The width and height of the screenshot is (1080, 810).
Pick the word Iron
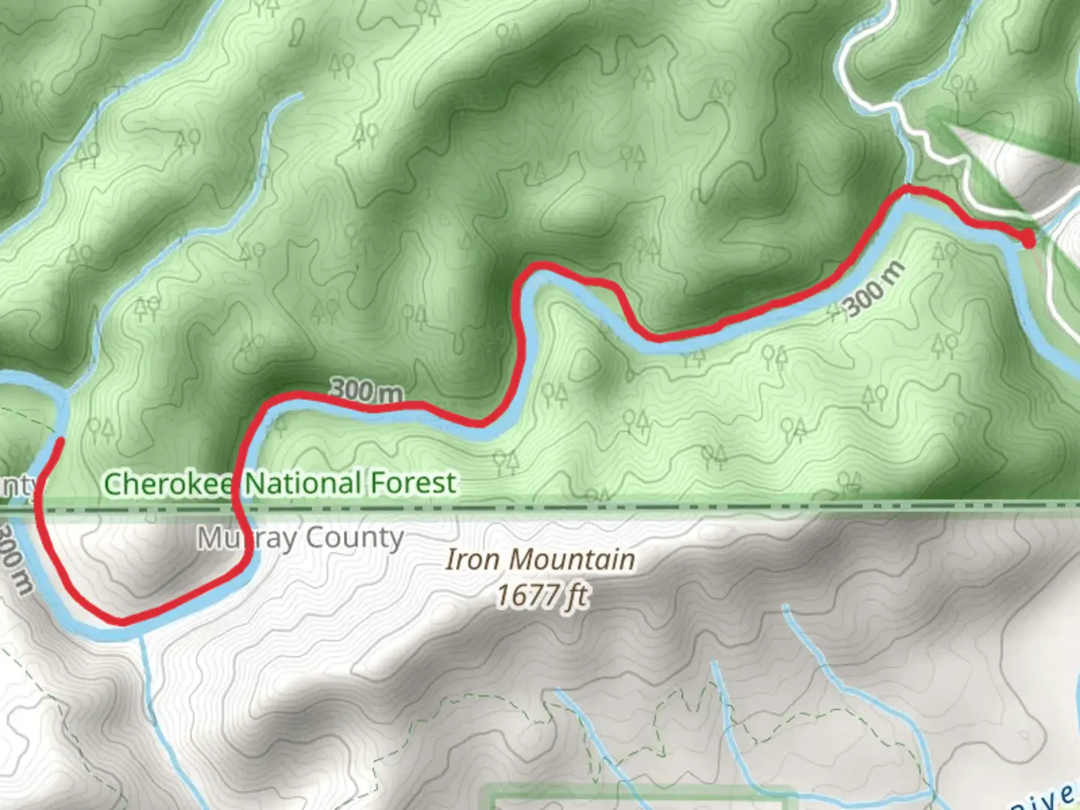point(471,559)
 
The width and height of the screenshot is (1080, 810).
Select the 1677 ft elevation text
point(542,596)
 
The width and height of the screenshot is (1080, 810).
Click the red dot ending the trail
point(1028,239)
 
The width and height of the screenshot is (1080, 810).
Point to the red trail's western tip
point(57,441)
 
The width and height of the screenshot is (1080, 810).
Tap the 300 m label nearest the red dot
point(874,290)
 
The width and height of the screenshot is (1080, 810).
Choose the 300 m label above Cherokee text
point(366,390)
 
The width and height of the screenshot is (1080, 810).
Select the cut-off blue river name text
point(1046,799)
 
